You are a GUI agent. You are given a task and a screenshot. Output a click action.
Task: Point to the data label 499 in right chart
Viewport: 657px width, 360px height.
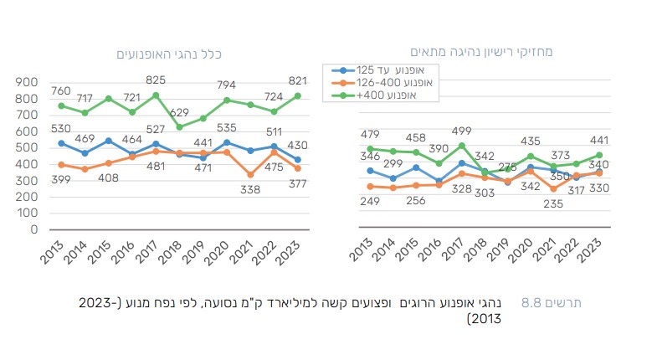pos(463,131)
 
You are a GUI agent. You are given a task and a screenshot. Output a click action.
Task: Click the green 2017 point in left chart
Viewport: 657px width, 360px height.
pos(155,95)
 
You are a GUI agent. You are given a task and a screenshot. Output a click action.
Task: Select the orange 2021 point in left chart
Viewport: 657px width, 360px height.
pos(251,174)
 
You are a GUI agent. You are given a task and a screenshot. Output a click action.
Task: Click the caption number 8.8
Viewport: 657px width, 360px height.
pos(533,302)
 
